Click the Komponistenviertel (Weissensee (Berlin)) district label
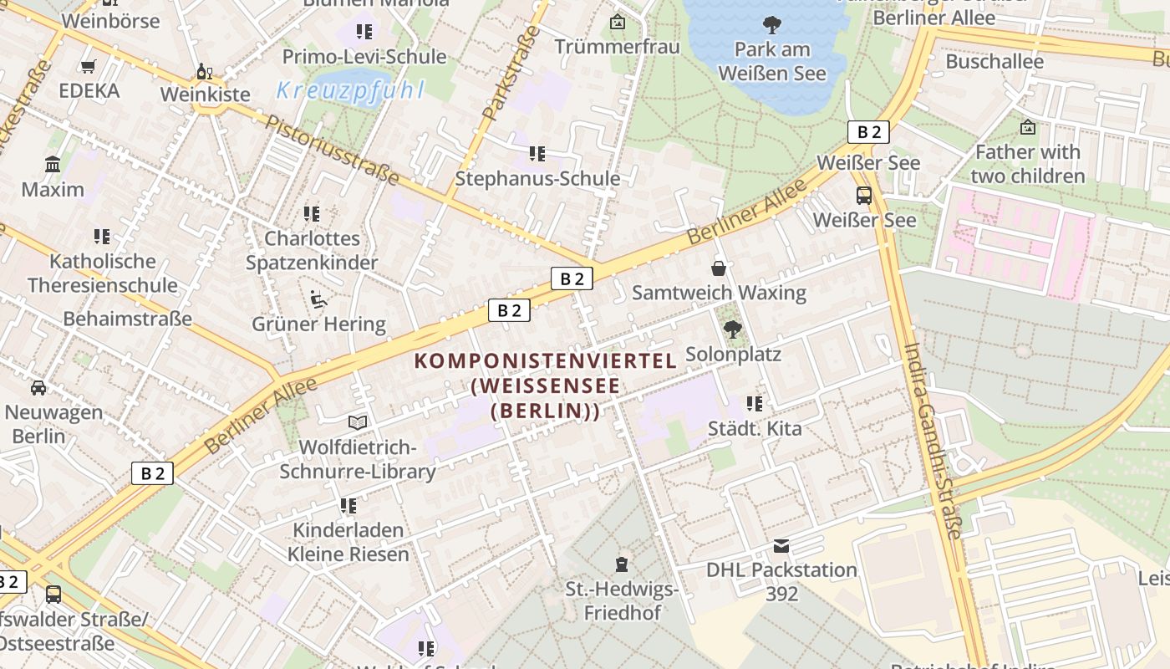[545, 386]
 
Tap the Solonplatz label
[733, 355]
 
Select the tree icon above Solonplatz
[733, 329]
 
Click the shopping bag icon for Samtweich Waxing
[718, 268]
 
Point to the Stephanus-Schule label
[537, 179]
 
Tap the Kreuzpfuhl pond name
[350, 90]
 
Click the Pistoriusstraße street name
[332, 149]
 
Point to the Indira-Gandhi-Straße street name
[933, 441]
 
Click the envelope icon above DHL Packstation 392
[781, 546]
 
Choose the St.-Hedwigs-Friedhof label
[622, 601]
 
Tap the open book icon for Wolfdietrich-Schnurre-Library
[358, 423]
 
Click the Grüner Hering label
[318, 324]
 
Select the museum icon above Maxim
[53, 165]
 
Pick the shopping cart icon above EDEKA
[89, 66]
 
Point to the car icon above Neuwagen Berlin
[38, 388]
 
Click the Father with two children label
[1027, 164]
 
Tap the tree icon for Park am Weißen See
[771, 25]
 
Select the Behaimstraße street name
[127, 319]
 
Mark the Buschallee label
[994, 61]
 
